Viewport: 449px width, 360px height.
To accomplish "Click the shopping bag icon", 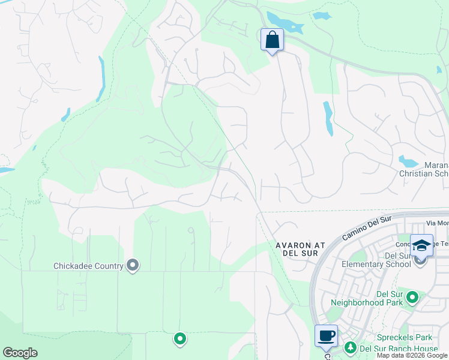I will tap(272, 40).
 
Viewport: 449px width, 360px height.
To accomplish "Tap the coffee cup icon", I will tap(326, 335).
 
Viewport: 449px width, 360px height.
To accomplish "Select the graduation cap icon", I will tap(421, 244).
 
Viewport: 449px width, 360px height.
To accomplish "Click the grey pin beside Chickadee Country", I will tap(133, 265).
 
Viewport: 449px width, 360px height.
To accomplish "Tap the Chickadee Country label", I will tap(88, 266).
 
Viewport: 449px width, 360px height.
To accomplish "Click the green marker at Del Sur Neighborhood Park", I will tap(412, 297).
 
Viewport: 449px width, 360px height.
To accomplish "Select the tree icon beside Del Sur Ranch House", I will tap(349, 347).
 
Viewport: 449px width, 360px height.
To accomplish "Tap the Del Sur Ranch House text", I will tap(399, 348).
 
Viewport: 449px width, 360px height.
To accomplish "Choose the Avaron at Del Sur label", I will tap(301, 249).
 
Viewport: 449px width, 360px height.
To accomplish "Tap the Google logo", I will tap(20, 353).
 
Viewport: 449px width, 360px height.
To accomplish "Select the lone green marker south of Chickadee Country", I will tap(179, 339).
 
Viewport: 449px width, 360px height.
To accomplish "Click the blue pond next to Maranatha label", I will tap(408, 161).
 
